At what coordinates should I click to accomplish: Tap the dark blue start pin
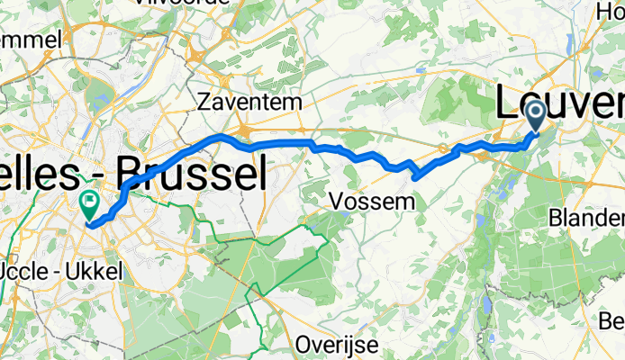pos(535,115)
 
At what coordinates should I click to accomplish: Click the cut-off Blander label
pos(591,219)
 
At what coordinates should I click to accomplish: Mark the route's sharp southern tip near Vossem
pos(415,177)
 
